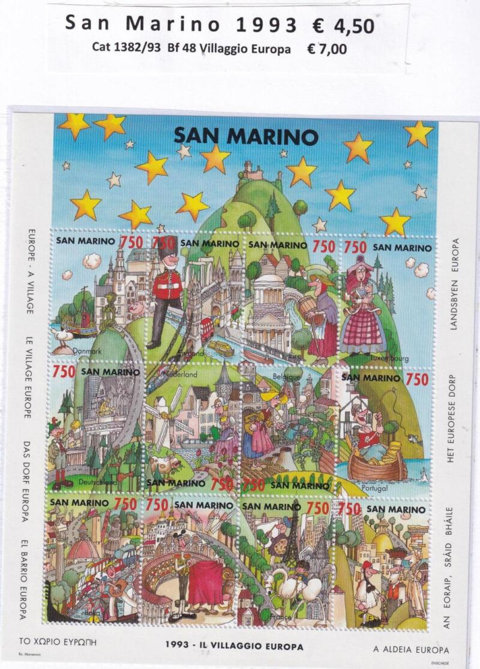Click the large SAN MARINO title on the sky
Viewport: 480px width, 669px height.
coord(245,135)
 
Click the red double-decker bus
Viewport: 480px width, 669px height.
coord(206,328)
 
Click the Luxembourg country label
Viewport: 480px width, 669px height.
coord(389,358)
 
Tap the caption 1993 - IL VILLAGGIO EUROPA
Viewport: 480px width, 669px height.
coord(234,647)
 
